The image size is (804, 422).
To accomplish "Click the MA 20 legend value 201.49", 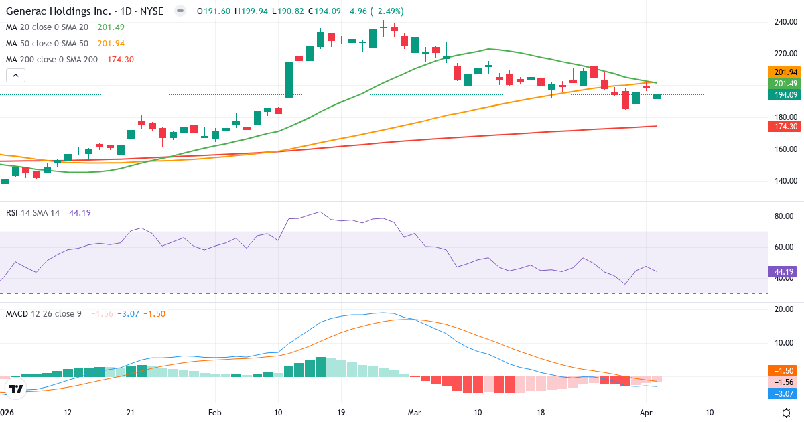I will tap(111, 27).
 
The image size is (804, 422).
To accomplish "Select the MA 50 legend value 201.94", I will tap(111, 44).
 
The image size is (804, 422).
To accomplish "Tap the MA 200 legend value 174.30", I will tap(121, 60).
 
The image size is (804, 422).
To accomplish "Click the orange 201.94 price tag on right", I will tap(784, 72).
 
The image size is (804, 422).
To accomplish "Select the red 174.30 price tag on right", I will tap(784, 126).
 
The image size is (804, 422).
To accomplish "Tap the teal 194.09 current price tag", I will tap(784, 95).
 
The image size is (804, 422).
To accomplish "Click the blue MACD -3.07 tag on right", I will tap(784, 394).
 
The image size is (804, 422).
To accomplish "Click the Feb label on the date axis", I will tap(214, 413).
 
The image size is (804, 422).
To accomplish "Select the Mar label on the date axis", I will tap(415, 413).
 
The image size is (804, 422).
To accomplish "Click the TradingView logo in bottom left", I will tap(16, 389).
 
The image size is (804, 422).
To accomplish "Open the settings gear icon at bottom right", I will tap(788, 412).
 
